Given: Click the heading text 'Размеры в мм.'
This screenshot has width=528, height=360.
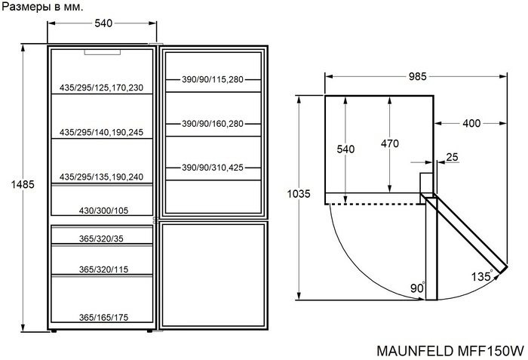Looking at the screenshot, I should [42, 7].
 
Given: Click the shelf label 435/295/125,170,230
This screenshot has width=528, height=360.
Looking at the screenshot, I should [101, 88].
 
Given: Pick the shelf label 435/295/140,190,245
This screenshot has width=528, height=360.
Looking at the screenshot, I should [101, 132].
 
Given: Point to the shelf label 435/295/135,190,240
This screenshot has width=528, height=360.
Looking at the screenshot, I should [101, 177].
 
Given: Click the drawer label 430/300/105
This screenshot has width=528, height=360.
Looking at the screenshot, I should [103, 211].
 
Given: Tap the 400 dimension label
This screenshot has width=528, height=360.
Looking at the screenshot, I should [472, 123].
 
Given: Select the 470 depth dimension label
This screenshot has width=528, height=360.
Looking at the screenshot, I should [389, 143].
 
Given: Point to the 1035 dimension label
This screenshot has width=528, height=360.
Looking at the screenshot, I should [299, 194].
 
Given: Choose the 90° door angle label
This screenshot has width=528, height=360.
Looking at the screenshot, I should [418, 289].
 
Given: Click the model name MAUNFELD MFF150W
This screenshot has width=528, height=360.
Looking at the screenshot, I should [449, 351].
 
